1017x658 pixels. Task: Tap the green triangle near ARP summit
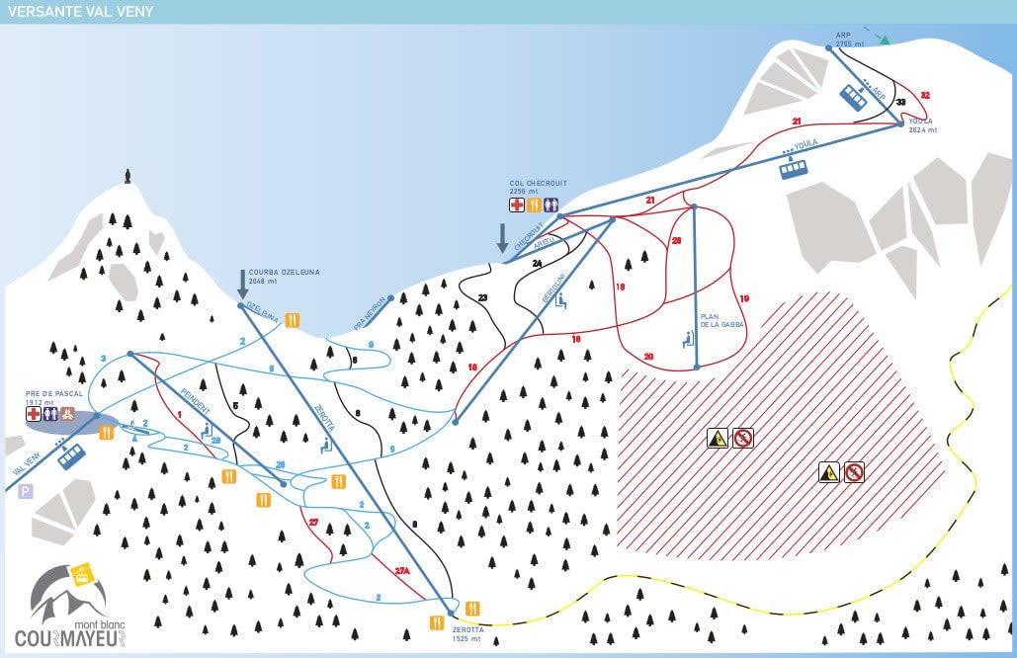pyautogui.click(x=886, y=41)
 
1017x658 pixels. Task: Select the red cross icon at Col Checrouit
pyautogui.click(x=517, y=205)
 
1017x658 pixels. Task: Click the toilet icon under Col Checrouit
pyautogui.click(x=549, y=205)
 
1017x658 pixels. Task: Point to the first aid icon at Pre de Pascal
pyautogui.click(x=34, y=415)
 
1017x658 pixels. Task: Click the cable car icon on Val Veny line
pyautogui.click(x=71, y=456)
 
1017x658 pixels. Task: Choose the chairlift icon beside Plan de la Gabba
pyautogui.click(x=688, y=340)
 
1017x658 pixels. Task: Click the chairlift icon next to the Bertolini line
pyautogui.click(x=562, y=302)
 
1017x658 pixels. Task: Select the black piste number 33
pyautogui.click(x=900, y=102)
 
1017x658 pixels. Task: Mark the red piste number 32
pyautogui.click(x=925, y=95)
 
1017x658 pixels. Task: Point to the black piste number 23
pyautogui.click(x=482, y=296)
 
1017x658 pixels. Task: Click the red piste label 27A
pyautogui.click(x=401, y=571)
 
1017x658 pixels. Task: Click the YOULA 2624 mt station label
pyautogui.click(x=922, y=125)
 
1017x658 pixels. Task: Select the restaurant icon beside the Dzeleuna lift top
pyautogui.click(x=293, y=319)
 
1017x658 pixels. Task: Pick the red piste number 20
pyautogui.click(x=648, y=357)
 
